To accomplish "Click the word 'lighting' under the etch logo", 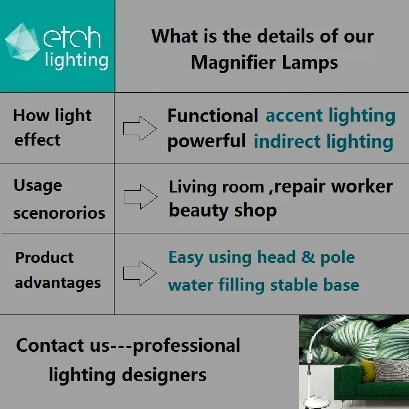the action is tap(76, 60).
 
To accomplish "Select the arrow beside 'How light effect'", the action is tap(140, 129).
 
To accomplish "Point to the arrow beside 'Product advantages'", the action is tap(140, 273).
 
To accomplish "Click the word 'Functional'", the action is tap(213, 116).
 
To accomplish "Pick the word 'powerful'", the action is tap(206, 141).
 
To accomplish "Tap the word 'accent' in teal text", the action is tap(295, 116).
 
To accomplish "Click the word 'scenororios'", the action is tap(59, 213).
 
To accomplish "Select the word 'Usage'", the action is tap(38, 185).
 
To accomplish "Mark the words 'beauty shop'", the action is tap(222, 210).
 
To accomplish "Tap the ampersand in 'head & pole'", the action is tap(309, 257).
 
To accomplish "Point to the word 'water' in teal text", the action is tap(190, 285).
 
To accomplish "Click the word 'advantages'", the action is tap(58, 283).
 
